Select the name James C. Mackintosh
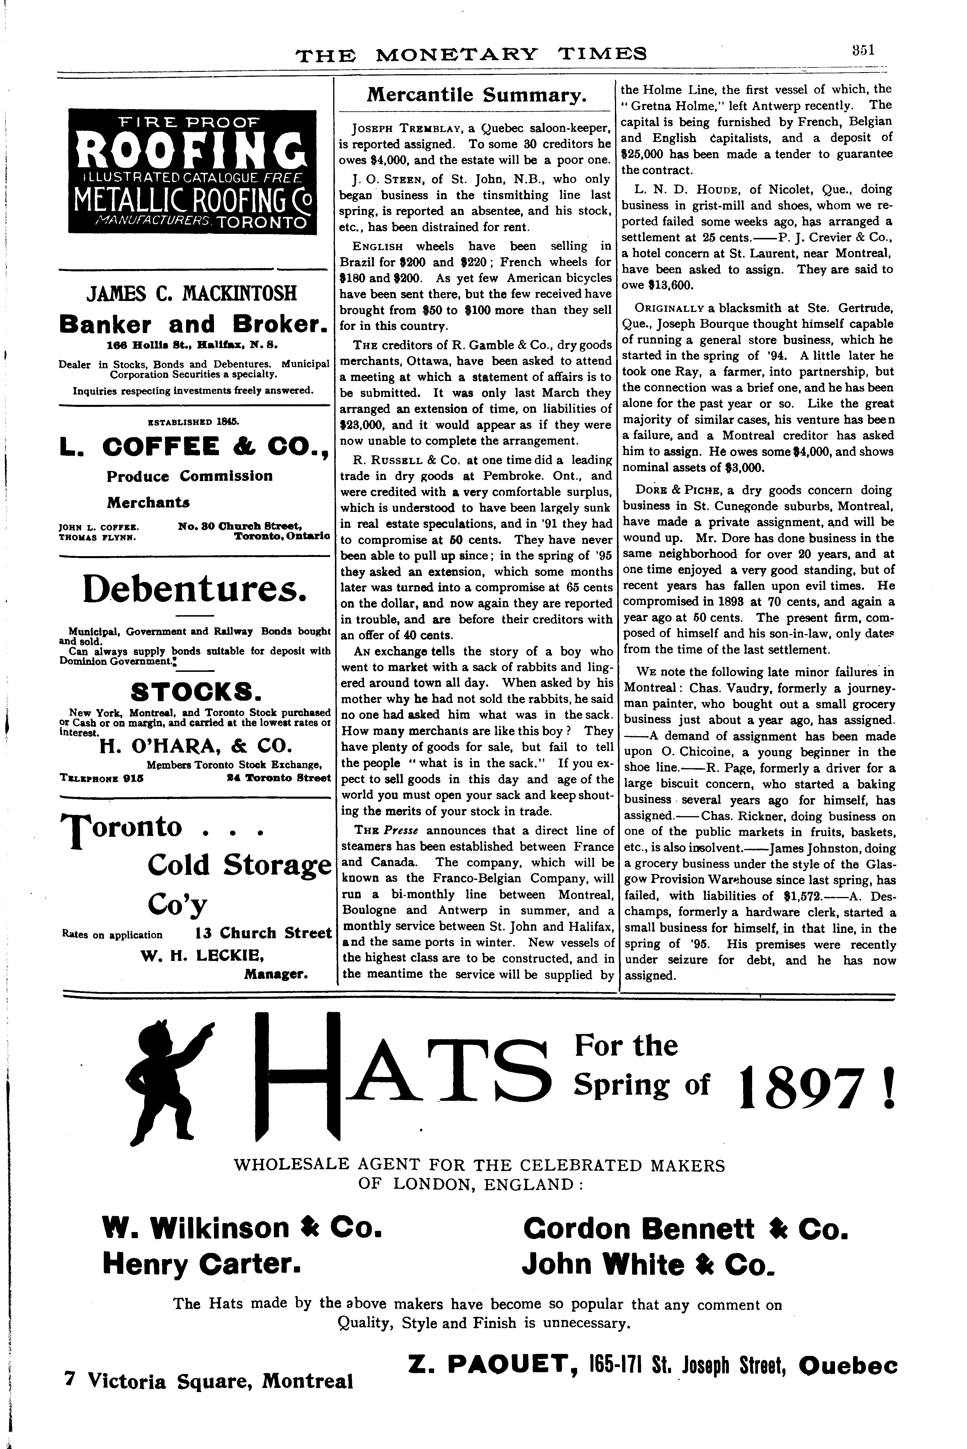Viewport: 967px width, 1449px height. point(192,292)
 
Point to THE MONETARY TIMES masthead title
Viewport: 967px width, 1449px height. point(471,55)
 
